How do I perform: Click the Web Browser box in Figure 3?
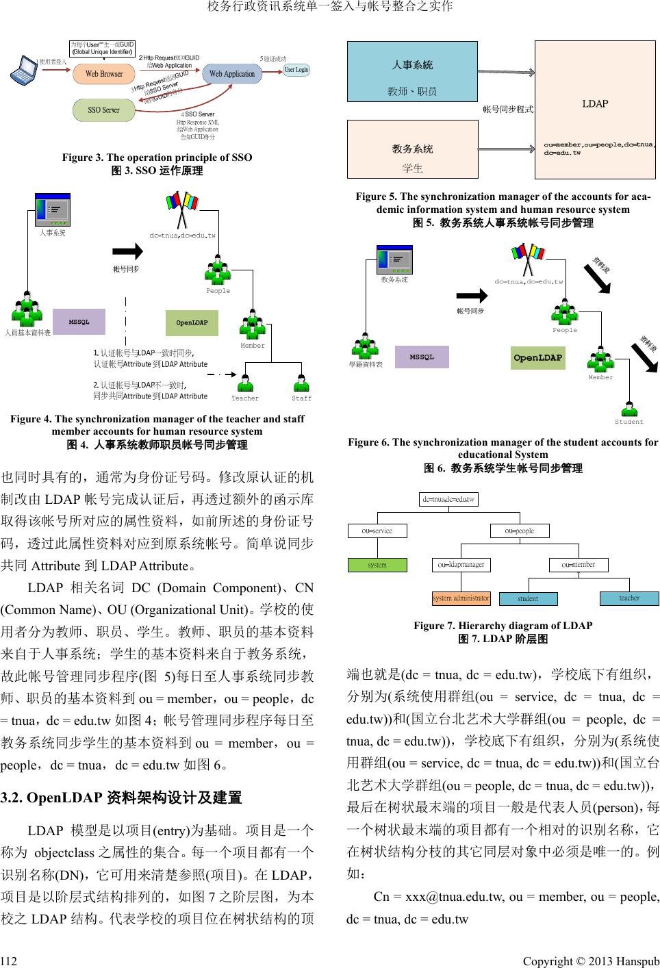click(x=103, y=74)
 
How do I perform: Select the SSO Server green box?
click(x=103, y=110)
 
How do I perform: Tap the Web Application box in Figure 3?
click(x=232, y=74)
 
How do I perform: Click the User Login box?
click(x=296, y=70)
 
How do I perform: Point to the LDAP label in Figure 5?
click(x=594, y=104)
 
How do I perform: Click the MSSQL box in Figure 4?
click(x=79, y=322)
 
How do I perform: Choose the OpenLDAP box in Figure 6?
click(x=538, y=357)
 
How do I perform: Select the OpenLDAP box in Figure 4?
click(x=192, y=322)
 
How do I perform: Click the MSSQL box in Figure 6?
click(x=422, y=357)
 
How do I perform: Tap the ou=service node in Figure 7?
click(x=377, y=531)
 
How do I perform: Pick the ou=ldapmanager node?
click(x=461, y=565)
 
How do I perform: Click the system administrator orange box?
click(x=461, y=598)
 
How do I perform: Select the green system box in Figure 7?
click(x=377, y=565)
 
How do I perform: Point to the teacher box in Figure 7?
click(x=629, y=598)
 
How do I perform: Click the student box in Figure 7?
click(x=528, y=598)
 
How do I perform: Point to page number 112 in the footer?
click(x=9, y=961)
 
